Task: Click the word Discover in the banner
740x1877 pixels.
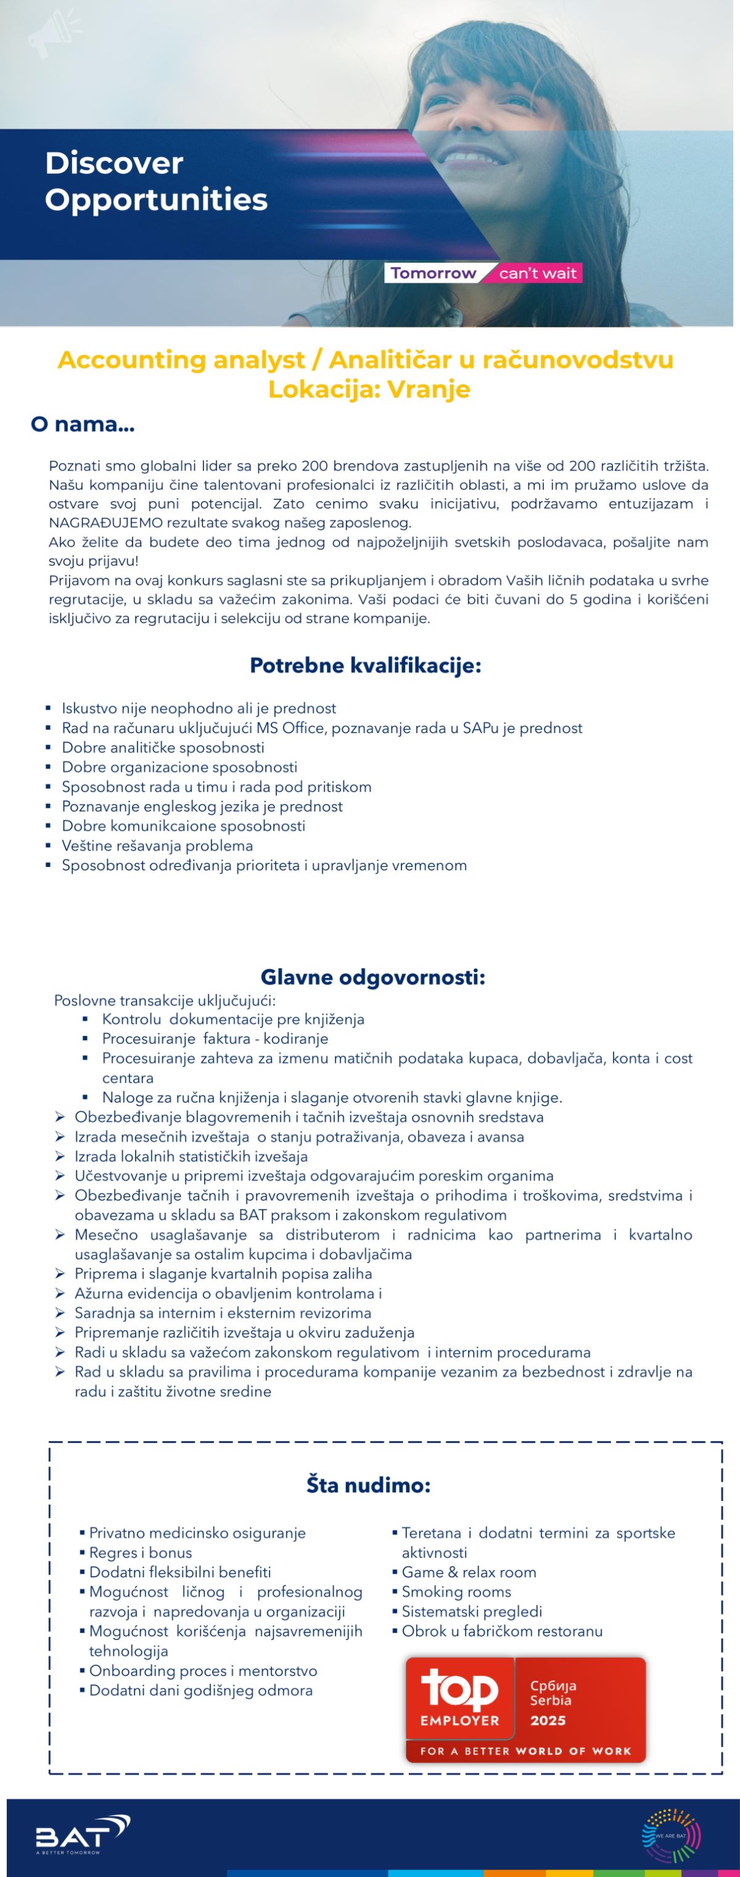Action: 113,163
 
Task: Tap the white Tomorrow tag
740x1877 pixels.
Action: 433,273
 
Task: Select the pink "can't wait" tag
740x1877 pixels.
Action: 538,273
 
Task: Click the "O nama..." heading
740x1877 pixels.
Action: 82,424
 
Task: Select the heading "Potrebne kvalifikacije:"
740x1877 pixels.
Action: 365,665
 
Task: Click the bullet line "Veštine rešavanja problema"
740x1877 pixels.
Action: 157,845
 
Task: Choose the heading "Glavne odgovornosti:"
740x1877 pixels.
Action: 373,977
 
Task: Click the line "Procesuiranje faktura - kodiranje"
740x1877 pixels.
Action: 215,1038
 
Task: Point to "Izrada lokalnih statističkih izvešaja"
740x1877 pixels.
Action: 191,1156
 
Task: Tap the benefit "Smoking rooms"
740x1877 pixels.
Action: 457,1592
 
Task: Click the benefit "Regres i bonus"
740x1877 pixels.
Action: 141,1552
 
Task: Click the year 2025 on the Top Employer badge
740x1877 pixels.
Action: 548,1720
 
